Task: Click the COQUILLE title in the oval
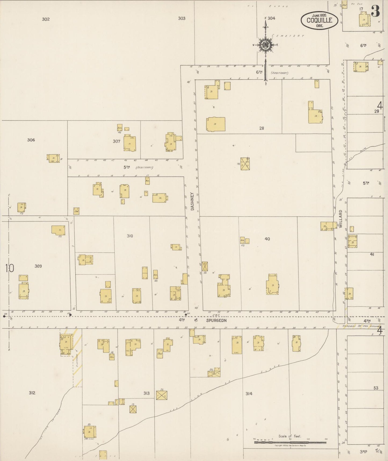point(319,20)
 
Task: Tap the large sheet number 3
point(375,11)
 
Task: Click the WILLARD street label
point(340,219)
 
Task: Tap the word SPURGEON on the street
point(216,321)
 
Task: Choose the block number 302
point(46,19)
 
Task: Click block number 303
point(182,18)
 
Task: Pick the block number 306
point(31,140)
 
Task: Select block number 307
point(117,141)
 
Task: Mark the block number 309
point(38,266)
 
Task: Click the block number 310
point(130,236)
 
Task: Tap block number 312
point(32,393)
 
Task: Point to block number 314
point(249,393)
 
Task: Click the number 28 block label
point(262,128)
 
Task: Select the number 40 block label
point(267,239)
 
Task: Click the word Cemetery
point(288,36)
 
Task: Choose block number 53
point(376,388)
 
